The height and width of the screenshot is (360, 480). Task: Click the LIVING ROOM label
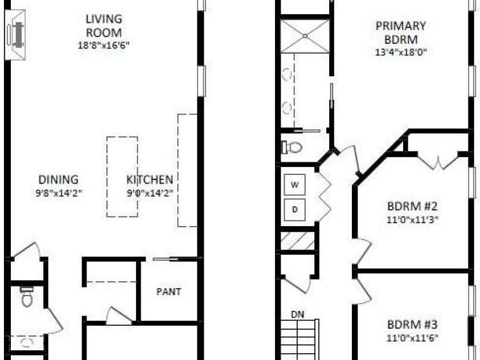(104, 26)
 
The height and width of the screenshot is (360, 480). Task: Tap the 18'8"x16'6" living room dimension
(104, 46)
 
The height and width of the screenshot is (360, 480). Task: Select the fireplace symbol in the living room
(15, 35)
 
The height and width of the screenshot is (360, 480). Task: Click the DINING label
(59, 179)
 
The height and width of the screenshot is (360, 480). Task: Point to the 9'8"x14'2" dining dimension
(59, 193)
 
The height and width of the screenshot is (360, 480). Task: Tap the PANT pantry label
(169, 292)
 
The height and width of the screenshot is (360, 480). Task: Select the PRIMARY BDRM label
(401, 33)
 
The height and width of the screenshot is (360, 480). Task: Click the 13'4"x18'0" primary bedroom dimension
(401, 52)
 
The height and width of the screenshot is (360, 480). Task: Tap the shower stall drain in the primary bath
(305, 36)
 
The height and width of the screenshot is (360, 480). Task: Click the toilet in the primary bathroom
(292, 147)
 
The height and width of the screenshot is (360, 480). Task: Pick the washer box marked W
(294, 185)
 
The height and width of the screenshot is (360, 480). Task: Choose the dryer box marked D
(294, 210)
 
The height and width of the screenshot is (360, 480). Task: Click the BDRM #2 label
(412, 206)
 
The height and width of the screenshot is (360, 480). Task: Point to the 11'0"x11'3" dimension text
(412, 220)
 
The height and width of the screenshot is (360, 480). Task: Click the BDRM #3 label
(412, 325)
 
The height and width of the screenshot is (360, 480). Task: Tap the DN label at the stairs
(298, 314)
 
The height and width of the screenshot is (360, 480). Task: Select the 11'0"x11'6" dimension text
(412, 338)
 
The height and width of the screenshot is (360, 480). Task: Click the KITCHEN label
(150, 179)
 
